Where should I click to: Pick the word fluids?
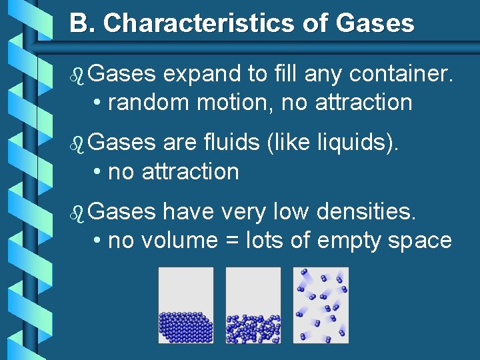coord(230,143)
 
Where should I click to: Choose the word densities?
coord(367,212)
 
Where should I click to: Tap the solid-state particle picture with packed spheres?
coord(186,305)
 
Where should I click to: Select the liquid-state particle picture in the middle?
coord(253,305)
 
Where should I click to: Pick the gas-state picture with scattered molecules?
coord(321,305)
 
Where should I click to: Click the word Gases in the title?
coord(375,24)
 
